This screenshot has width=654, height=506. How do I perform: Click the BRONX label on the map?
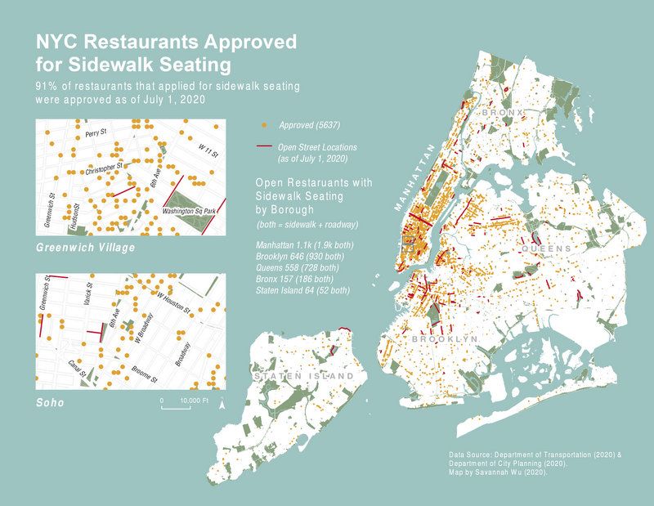click(502, 111)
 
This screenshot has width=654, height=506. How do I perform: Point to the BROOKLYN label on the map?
click(444, 338)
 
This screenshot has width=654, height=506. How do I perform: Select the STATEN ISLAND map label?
click(304, 376)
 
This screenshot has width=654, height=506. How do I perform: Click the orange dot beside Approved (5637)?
click(264, 125)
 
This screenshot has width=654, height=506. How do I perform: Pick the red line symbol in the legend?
click(264, 147)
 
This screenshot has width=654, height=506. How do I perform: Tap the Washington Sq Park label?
click(189, 212)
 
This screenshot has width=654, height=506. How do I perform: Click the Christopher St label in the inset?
click(103, 166)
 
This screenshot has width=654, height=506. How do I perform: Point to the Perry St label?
click(96, 132)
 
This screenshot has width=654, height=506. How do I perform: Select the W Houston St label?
click(173, 300)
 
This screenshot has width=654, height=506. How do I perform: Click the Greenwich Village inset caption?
click(86, 246)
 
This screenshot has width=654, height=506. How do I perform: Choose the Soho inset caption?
click(50, 404)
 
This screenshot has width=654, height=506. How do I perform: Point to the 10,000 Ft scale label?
click(194, 401)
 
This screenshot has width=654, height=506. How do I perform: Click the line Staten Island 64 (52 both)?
click(302, 289)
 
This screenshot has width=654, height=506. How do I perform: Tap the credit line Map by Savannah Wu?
click(498, 472)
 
